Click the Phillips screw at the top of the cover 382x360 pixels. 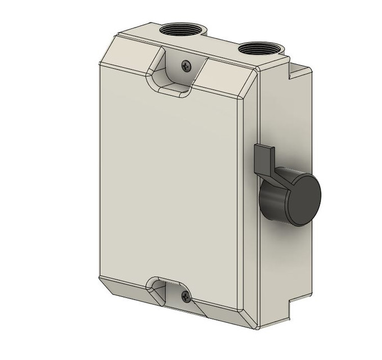(x=186, y=66)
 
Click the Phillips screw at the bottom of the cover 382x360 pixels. (x=186, y=298)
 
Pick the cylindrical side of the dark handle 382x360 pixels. (x=273, y=202)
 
